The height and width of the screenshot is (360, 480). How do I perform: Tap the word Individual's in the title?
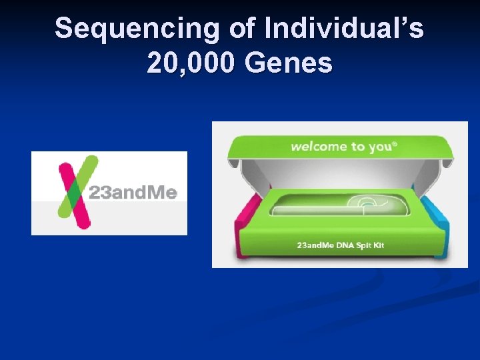pyautogui.click(x=344, y=29)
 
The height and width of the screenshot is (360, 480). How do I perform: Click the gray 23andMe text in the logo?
pyautogui.click(x=133, y=193)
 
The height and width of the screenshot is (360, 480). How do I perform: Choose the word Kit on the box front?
pyautogui.click(x=378, y=246)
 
